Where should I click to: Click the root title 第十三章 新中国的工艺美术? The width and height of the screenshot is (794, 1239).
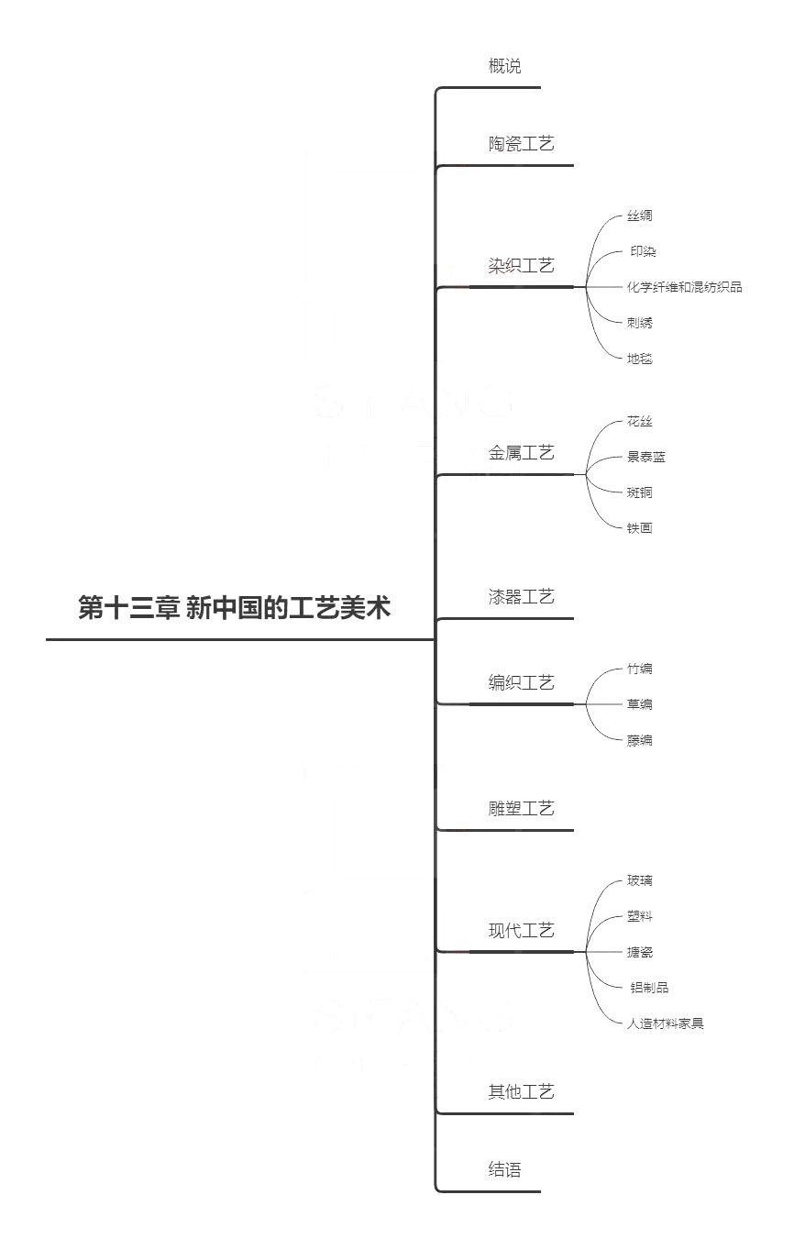tap(235, 607)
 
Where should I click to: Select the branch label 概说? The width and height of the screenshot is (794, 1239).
tap(504, 66)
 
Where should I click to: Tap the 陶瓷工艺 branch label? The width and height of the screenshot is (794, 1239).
tap(521, 144)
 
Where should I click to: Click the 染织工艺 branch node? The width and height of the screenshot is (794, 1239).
tap(521, 266)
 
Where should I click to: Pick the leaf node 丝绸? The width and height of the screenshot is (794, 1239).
tap(639, 216)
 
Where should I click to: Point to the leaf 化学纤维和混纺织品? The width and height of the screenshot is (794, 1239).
tap(684, 287)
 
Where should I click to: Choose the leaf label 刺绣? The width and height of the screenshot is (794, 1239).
tap(639, 323)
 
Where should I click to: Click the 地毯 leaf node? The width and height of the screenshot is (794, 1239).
tap(639, 359)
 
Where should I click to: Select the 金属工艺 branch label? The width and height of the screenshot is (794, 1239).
tap(521, 453)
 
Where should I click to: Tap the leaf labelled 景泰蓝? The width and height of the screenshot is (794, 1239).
tap(645, 457)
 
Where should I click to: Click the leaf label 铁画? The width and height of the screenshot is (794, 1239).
tap(639, 528)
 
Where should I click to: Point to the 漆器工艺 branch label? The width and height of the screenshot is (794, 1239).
tap(521, 597)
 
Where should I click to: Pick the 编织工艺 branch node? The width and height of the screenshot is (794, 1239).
tap(521, 682)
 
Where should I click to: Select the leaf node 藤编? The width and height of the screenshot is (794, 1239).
tap(639, 740)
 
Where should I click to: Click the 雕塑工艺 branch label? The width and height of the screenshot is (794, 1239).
tap(521, 809)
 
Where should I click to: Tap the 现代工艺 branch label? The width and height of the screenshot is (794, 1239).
tap(521, 930)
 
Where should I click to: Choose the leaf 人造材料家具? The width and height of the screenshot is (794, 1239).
tap(665, 1023)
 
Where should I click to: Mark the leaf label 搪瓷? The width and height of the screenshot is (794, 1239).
tap(639, 952)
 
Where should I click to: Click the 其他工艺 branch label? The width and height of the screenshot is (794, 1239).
tap(521, 1091)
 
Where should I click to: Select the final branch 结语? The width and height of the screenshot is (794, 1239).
tap(504, 1169)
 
